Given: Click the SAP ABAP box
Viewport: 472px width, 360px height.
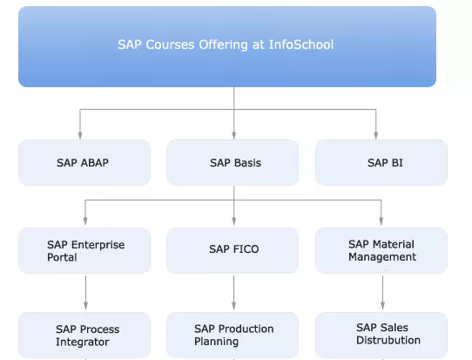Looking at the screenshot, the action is point(84,162).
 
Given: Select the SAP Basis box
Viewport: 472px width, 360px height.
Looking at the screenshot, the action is point(233,162).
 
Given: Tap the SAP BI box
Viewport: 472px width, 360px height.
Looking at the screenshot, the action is point(381,162).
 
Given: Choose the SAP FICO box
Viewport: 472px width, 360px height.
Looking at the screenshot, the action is point(233,250).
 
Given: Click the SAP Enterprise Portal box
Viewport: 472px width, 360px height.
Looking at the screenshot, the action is point(84,250).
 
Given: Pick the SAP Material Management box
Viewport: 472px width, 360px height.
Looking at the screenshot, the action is point(381,250).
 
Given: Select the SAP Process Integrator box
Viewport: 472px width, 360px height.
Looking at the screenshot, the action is point(84,335).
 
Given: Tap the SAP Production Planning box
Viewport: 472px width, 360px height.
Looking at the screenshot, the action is point(233,335).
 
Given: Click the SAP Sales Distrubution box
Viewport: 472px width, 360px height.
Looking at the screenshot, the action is point(381,335).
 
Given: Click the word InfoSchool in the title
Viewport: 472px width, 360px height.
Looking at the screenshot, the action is point(301,44).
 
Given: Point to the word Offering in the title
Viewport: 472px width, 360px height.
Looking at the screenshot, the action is point(223,44).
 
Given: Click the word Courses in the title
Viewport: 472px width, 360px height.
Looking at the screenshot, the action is point(170,44).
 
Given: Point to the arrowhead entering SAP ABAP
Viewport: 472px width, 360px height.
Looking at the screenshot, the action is point(80,135).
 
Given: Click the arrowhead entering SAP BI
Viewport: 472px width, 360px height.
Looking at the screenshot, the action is point(375,135).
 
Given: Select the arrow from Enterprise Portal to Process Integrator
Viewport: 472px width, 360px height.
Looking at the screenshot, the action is point(86,293).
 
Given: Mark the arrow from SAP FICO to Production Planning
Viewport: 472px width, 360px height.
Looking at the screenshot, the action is point(234,293).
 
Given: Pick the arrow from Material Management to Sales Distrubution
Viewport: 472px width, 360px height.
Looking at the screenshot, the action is point(382,293).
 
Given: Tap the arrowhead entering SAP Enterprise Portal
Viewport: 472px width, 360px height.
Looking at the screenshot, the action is point(85,221).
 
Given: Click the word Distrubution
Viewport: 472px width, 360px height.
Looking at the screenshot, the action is point(388,340).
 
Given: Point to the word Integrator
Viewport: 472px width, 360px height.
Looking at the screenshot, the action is point(83,343).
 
